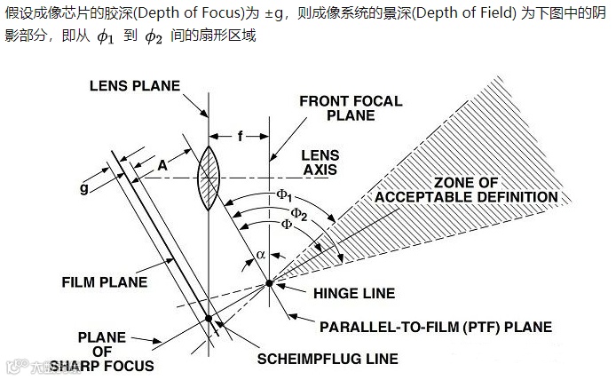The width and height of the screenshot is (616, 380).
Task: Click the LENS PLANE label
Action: pyautogui.click(x=135, y=85)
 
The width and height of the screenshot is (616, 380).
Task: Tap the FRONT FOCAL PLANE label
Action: pyautogui.click(x=343, y=107)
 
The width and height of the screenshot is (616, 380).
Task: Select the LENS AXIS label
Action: pyautogui.click(x=320, y=161)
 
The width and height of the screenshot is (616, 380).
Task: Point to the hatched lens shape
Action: pyautogui.click(x=209, y=178)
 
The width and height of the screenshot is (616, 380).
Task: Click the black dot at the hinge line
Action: pyautogui.click(x=270, y=284)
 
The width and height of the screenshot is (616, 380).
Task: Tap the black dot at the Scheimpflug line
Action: pyautogui.click(x=209, y=319)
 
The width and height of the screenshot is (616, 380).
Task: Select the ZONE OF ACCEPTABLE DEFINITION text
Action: pyautogui.click(x=467, y=189)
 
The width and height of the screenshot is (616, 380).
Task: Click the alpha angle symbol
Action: pyautogui.click(x=260, y=254)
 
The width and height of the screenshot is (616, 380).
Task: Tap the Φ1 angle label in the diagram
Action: pyautogui.click(x=283, y=194)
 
